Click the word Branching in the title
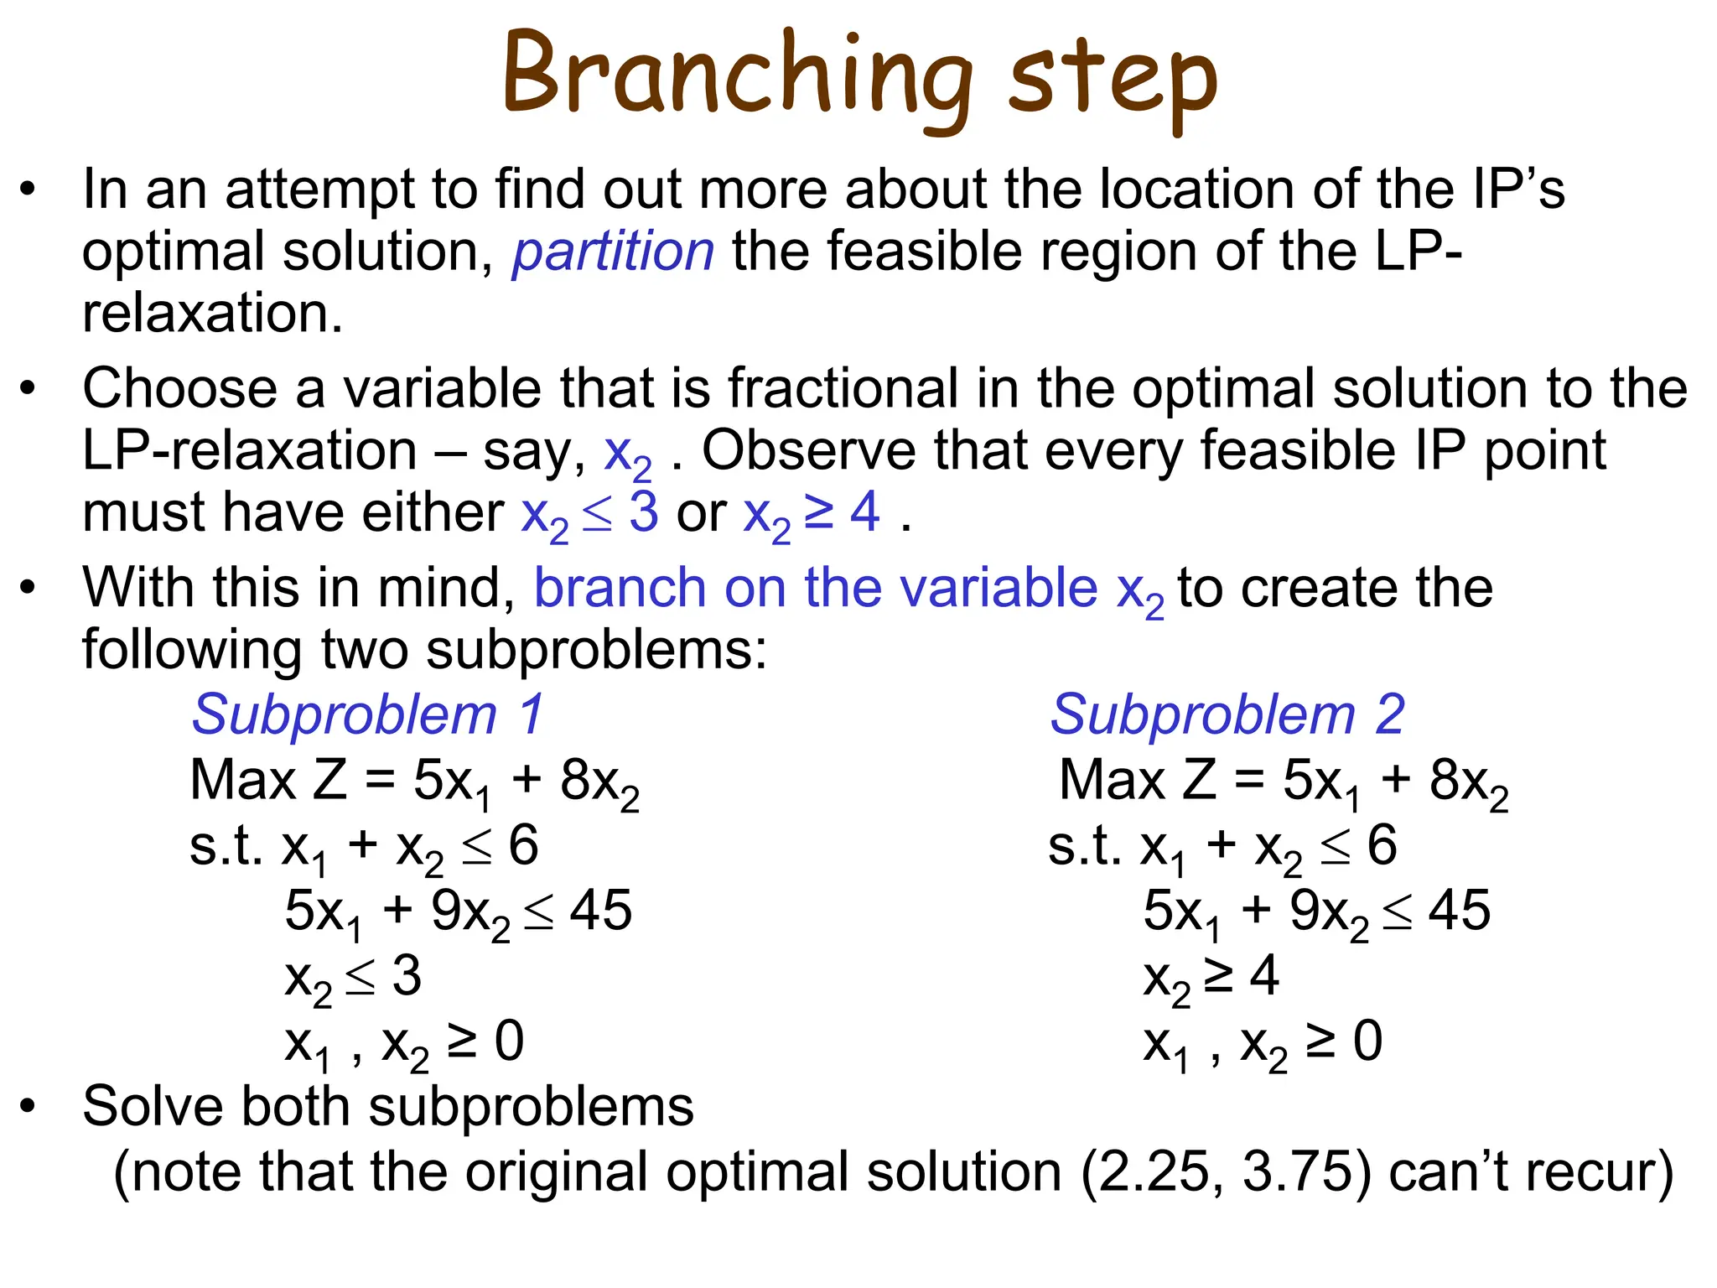738,75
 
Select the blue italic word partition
614,251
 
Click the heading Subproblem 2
1227,714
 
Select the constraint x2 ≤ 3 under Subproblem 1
353,978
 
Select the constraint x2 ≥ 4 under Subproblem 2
1211,978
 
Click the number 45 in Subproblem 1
600,911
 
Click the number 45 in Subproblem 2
1460,911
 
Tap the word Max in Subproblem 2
1111,780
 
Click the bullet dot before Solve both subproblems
29,1106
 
